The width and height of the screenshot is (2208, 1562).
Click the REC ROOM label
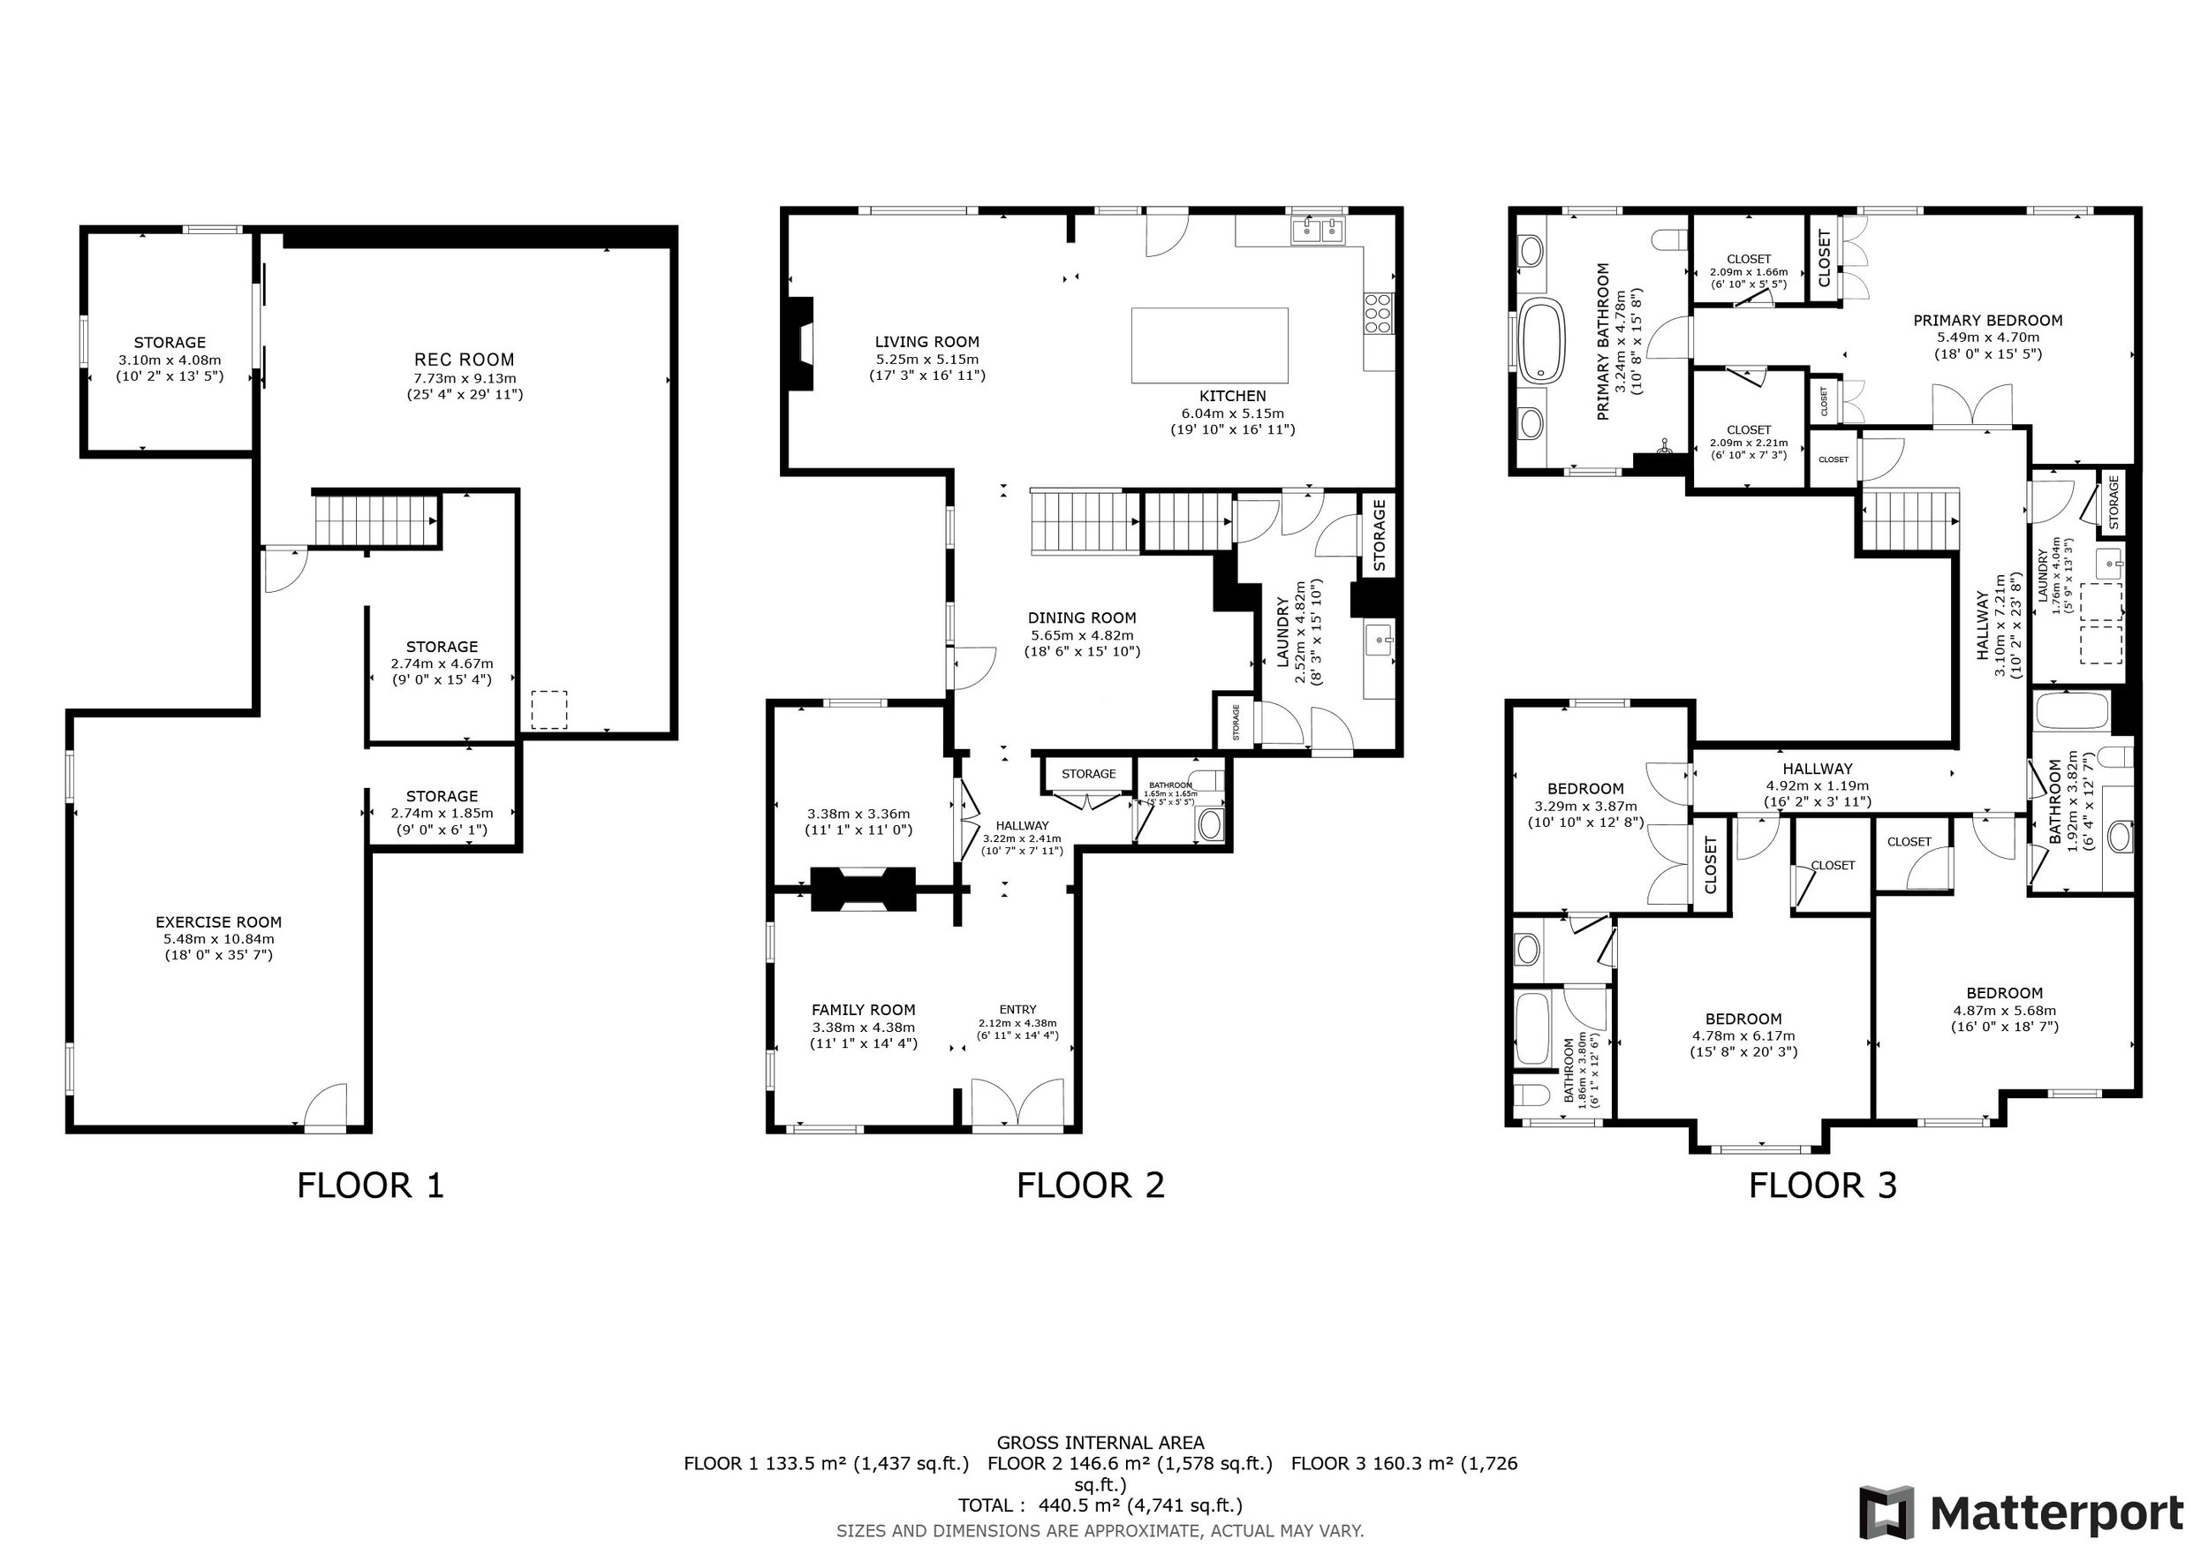coord(465,360)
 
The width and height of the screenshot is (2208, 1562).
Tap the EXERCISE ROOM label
coord(219,921)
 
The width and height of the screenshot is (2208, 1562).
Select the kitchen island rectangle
coord(1210,345)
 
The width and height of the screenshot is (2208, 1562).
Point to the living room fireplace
coord(800,344)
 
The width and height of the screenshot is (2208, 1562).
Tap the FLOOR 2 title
coord(1091,1185)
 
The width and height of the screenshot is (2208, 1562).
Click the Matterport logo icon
coord(1886,1512)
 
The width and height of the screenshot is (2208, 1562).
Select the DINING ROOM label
coord(1082,618)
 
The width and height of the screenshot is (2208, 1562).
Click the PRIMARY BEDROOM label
coord(1988,321)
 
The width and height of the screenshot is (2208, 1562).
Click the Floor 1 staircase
coord(375,520)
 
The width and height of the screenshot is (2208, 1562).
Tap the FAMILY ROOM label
coord(864,1010)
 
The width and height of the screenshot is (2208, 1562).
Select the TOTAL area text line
coord(1100,1505)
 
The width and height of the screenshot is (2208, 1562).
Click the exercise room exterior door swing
coord(325,1104)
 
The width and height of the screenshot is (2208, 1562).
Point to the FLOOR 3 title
coord(1822,1185)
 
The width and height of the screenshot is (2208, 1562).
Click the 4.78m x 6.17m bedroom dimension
coord(1743,1035)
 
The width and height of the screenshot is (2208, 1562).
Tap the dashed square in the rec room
coord(549,709)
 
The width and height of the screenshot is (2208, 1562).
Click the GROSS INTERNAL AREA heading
coord(1100,1443)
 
